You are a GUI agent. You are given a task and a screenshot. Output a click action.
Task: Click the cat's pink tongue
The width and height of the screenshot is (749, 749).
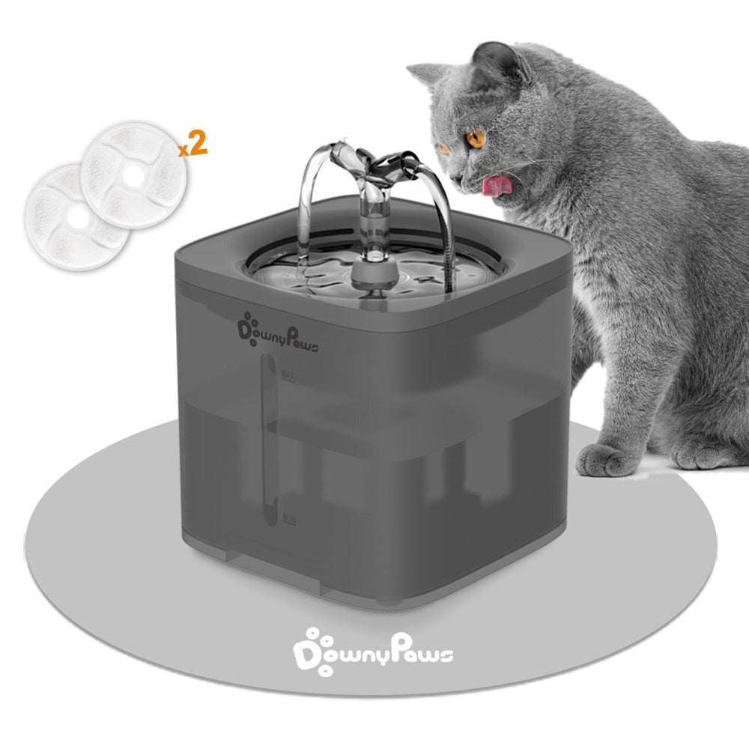pos(497,186)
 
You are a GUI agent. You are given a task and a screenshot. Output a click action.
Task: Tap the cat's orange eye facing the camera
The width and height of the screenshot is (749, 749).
pos(476,139)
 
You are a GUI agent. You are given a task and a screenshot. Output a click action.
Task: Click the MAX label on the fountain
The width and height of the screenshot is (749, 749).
pos(288,375)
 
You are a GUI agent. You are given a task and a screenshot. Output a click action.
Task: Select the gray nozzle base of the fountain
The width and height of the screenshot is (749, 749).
pos(374,276)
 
